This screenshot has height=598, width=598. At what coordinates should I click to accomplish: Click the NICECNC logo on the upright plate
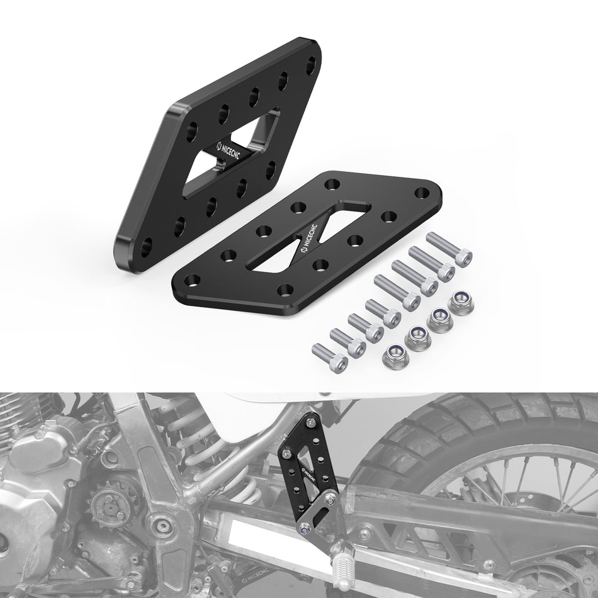[228, 152]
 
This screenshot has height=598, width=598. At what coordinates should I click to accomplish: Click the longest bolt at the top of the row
[449, 249]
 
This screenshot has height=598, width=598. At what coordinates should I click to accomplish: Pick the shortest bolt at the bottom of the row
[330, 358]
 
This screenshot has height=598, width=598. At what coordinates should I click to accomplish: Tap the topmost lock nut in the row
[461, 303]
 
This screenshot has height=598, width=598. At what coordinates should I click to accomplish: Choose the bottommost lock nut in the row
[395, 357]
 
